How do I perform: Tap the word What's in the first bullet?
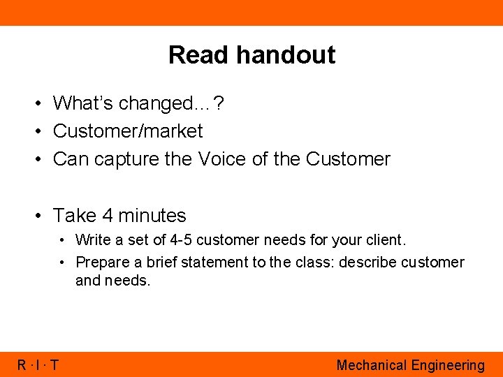pyautogui.click(x=83, y=103)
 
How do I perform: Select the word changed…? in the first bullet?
pyautogui.click(x=171, y=103)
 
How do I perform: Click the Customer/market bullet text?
pyautogui.click(x=128, y=131)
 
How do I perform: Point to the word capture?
pyautogui.click(x=126, y=160)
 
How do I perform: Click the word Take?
pyautogui.click(x=75, y=216)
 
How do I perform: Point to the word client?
pyautogui.click(x=386, y=240)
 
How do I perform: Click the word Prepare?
pyautogui.click(x=102, y=263)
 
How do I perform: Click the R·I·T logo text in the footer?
pyautogui.click(x=38, y=365)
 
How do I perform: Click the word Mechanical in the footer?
pyautogui.click(x=371, y=365)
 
